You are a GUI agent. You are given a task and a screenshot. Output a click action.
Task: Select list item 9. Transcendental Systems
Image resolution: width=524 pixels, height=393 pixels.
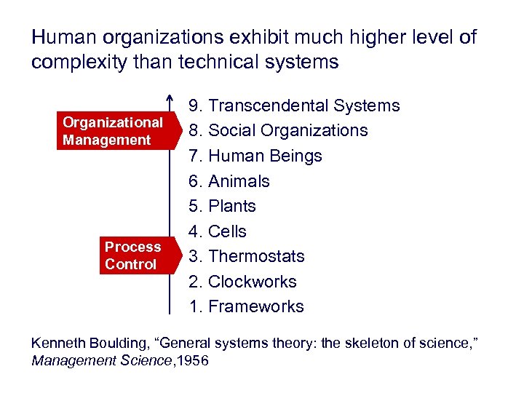[294, 106]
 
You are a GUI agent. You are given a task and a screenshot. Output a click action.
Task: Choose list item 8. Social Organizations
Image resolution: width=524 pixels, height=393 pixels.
[278, 131]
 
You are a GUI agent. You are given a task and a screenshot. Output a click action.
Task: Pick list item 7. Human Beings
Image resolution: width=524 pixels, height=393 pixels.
[255, 156]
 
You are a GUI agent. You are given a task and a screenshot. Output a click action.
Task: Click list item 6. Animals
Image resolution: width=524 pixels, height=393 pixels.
[229, 181]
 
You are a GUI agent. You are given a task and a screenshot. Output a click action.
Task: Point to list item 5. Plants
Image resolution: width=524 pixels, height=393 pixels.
[222, 206]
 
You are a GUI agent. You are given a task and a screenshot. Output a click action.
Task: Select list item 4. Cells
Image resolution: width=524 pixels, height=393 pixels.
[217, 231]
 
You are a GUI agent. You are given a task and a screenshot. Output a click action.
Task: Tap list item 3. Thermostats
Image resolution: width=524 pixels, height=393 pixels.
[246, 256]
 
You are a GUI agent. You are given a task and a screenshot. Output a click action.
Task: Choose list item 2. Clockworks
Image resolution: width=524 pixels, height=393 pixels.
[242, 282]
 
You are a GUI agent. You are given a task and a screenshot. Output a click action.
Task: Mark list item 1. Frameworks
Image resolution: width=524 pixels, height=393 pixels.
[246, 306]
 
